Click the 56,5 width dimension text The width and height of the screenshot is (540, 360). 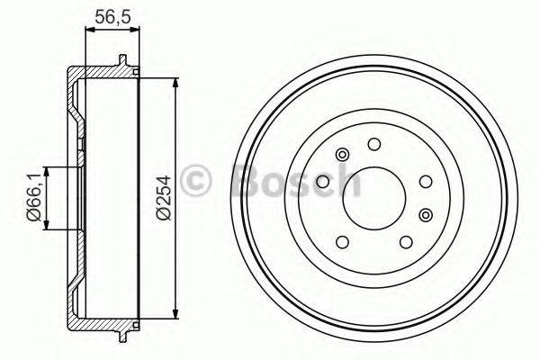click(x=112, y=14)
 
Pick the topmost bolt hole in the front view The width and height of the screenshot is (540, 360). click(x=372, y=142)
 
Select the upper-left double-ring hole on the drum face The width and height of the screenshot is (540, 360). click(x=341, y=156)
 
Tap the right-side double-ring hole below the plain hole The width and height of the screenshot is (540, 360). click(x=426, y=214)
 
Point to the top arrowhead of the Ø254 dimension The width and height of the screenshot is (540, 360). click(x=171, y=84)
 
